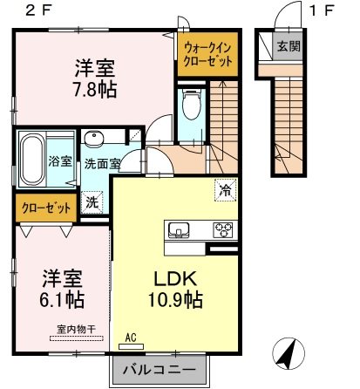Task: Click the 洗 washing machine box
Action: coord(92,201)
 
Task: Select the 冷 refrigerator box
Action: coord(224,187)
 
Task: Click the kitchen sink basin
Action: coord(180,231)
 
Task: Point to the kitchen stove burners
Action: coord(223,231)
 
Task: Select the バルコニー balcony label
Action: coord(144,367)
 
